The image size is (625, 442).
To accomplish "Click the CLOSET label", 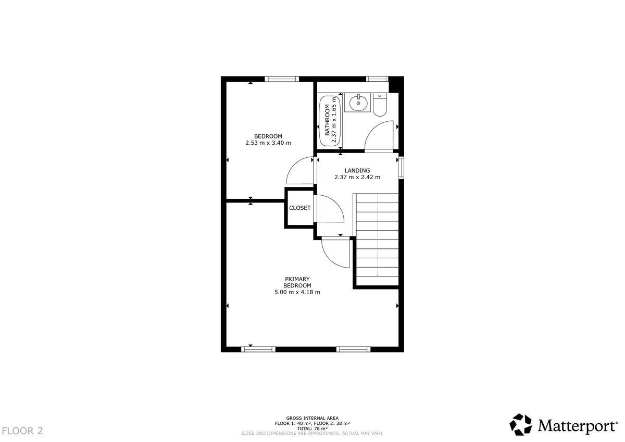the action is coord(299,208).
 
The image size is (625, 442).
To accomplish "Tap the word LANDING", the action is coord(357,170).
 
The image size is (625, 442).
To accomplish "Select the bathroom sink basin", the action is coord(358,103).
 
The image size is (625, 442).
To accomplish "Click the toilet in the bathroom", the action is coord(380,105).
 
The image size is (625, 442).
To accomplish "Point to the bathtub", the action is coord(330,120).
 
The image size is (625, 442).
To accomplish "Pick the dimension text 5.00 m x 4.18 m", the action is coord(297,292).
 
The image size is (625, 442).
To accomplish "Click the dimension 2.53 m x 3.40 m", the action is coord(268,143).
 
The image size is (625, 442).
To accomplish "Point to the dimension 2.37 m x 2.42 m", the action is coord(357,177).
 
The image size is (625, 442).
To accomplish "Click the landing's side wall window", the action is coord(401,167).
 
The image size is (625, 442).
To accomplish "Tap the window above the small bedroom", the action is coord(282,79).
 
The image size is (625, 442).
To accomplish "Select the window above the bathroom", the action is coord(377,79).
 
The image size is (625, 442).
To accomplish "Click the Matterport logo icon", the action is coord(521,424).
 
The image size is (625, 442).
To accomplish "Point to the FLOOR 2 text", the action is coord(22,431).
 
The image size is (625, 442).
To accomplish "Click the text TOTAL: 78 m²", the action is coord(312,428).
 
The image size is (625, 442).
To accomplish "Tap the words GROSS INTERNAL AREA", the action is coord(312,418).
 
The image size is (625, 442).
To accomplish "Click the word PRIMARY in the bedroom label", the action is coord(297,279).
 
